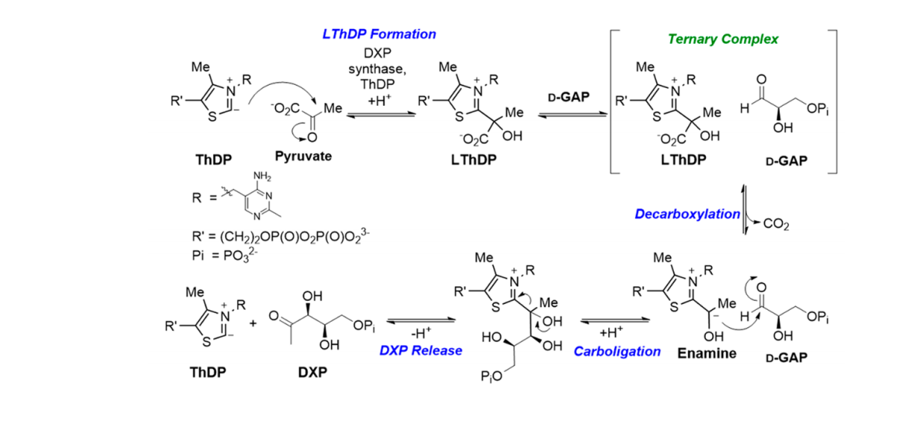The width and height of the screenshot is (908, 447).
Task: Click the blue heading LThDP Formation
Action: point(379,34)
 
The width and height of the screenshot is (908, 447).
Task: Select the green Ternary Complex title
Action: point(722,39)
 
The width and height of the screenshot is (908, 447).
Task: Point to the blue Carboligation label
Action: point(617,351)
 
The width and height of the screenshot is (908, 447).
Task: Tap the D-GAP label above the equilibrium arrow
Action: point(567,97)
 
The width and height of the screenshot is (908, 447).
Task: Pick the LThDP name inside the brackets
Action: point(684,160)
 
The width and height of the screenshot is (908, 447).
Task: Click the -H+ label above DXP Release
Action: point(418,332)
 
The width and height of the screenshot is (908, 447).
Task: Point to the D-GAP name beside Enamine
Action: point(786,357)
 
